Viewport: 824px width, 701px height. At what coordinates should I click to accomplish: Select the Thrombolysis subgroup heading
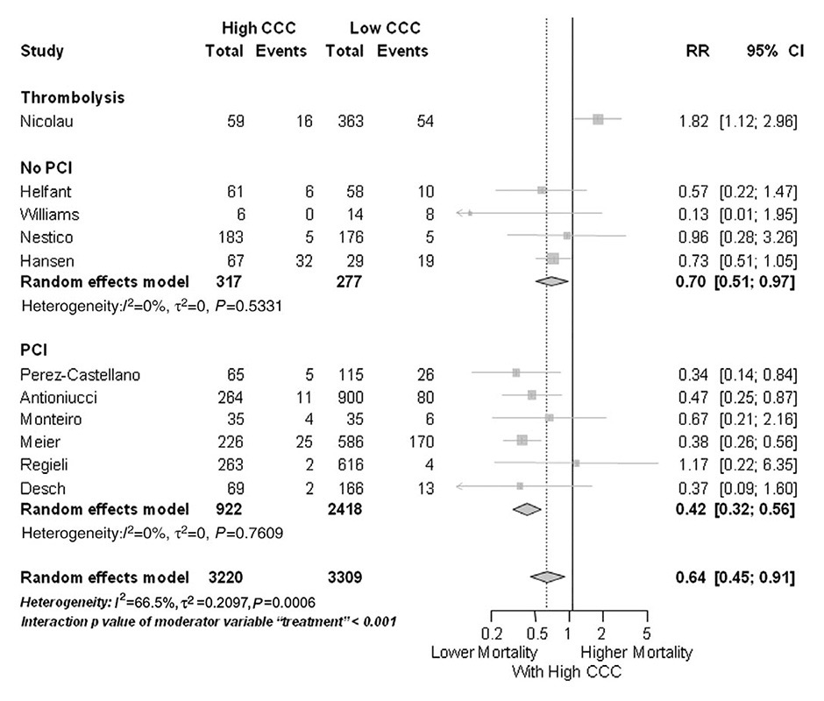(x=72, y=97)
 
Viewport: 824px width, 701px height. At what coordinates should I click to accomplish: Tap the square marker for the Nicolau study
(x=598, y=120)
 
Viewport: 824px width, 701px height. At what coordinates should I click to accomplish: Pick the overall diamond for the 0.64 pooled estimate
(x=548, y=577)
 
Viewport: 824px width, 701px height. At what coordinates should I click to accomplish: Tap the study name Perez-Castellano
(x=79, y=375)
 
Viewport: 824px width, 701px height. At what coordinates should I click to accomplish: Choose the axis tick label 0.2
(x=491, y=634)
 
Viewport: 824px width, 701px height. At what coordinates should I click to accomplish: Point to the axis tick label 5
(x=646, y=634)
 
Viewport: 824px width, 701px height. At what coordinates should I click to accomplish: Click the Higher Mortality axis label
(x=636, y=653)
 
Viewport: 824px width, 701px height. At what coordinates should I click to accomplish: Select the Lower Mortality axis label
(x=484, y=653)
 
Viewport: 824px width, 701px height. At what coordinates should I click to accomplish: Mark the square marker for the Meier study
(x=522, y=440)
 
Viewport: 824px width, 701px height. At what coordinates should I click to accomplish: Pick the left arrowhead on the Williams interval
(x=460, y=213)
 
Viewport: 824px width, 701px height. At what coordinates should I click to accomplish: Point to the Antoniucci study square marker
(x=532, y=395)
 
